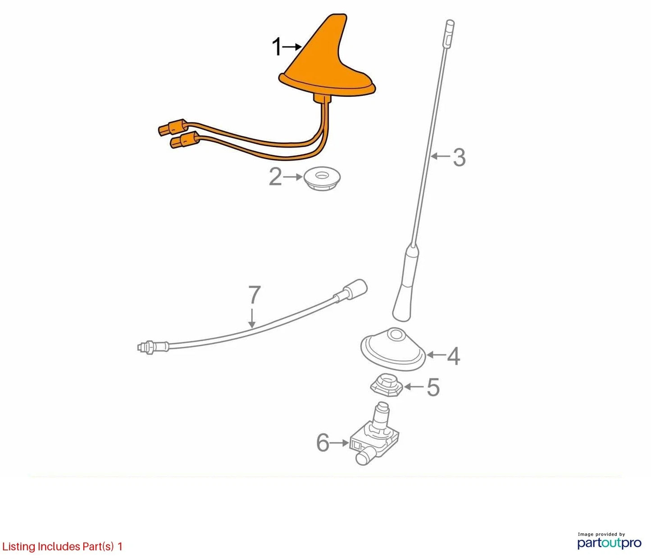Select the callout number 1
277,47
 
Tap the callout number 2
275,177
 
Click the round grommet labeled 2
322,178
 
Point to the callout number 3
459,158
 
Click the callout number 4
454,356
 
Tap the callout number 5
433,387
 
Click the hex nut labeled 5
387,385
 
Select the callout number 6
323,443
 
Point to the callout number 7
255,294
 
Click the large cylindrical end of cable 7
355,289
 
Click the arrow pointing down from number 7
252,318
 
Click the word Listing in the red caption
19,547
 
